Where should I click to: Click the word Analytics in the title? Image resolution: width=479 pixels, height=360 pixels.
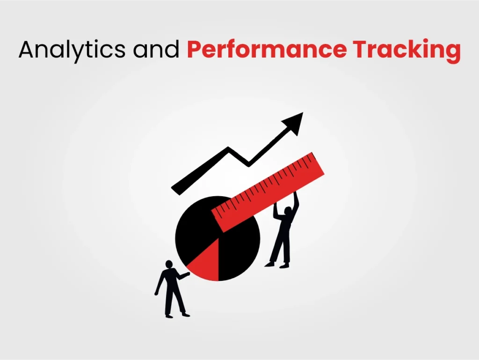pos(72,50)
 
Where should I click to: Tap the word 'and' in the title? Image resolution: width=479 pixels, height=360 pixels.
pos(156,49)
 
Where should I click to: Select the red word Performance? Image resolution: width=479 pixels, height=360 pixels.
pos(267,49)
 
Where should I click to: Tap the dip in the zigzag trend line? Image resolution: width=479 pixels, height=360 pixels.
pos(249,164)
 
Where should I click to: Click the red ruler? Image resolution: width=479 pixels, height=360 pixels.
pos(268,192)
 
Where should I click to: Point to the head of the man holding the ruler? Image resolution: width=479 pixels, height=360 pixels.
pos(288,211)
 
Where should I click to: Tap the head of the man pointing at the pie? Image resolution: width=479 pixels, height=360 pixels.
pos(169,264)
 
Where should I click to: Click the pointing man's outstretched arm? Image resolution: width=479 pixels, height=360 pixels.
pos(182,276)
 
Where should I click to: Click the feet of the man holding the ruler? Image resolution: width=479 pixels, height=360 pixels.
pos(277,264)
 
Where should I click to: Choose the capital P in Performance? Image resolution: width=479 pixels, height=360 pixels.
pos(194,49)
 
